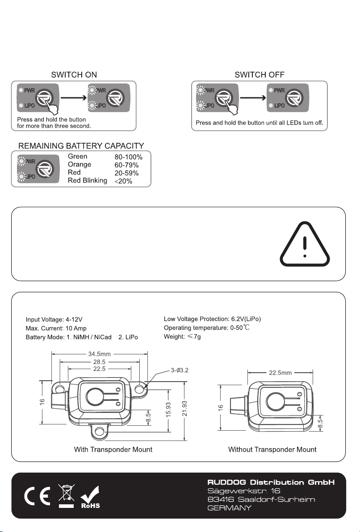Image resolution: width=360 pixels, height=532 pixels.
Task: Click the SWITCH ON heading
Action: tap(74, 75)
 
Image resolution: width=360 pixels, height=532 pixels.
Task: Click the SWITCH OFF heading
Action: tap(260, 75)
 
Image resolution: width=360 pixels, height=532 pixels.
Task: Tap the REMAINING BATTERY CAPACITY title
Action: tap(81, 146)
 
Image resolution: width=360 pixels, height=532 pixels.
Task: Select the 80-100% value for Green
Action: tap(128, 157)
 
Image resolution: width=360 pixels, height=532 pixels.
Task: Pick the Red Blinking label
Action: tap(87, 180)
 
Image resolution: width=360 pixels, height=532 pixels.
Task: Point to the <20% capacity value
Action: tap(123, 181)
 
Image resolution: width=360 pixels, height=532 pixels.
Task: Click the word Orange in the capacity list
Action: tap(80, 165)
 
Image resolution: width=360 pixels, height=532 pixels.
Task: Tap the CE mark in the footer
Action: tap(38, 496)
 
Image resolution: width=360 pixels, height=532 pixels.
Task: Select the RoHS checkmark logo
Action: tap(90, 497)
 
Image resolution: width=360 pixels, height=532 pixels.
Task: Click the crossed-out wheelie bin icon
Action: tap(66, 496)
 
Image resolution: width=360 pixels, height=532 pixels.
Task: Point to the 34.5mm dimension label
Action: tap(100, 354)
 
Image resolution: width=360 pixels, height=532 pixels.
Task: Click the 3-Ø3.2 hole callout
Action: tap(179, 370)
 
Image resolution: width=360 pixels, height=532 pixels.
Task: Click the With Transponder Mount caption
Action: tap(113, 449)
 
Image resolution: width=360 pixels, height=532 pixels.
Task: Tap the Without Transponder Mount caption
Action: tap(272, 449)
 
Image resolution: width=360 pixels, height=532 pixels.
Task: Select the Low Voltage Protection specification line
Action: tap(212, 319)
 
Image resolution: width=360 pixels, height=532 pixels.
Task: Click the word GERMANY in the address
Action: tap(229, 508)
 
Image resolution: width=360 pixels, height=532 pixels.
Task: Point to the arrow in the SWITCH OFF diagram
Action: tap(253, 98)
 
